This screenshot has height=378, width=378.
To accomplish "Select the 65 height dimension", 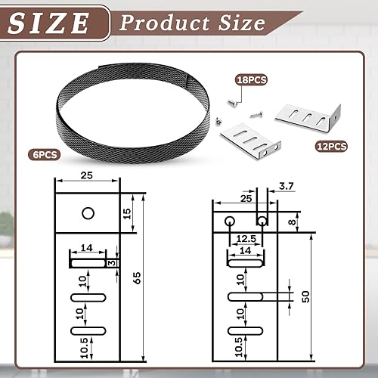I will (x=137, y=278).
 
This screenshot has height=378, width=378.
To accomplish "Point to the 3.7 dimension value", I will (x=286, y=186).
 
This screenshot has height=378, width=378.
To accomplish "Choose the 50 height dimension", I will (x=305, y=296).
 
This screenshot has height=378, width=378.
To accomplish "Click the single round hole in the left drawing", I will (x=88, y=213).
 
